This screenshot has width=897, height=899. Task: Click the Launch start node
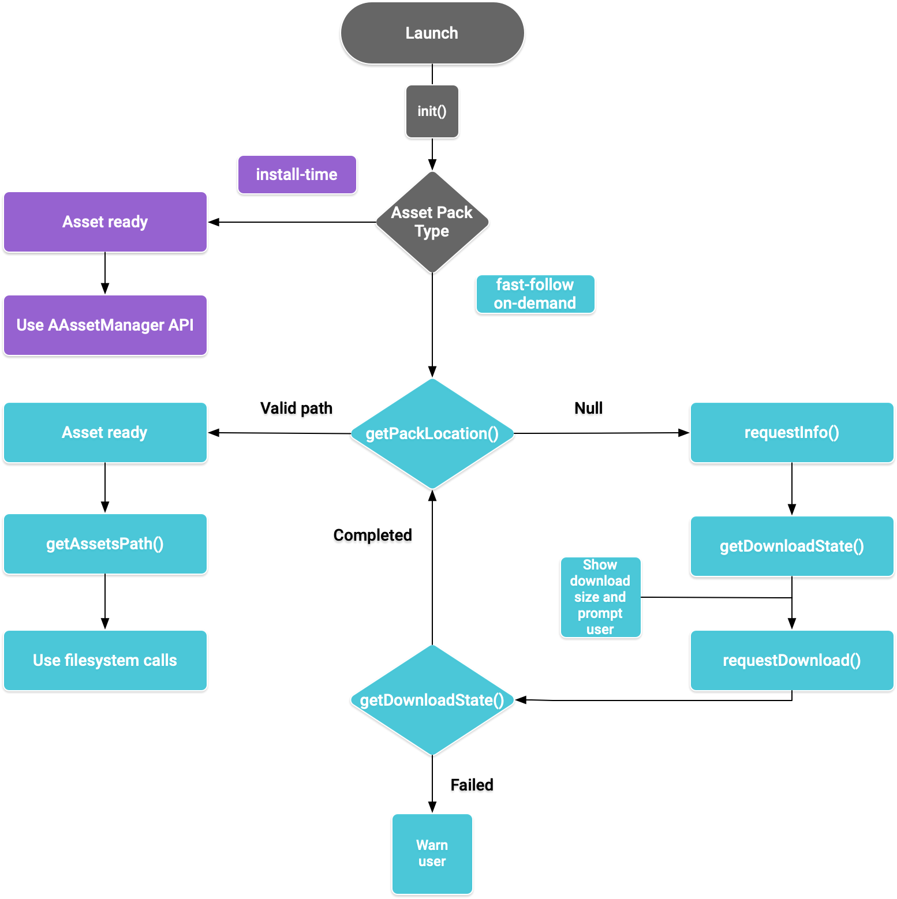[432, 33]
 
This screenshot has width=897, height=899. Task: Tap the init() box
[432, 111]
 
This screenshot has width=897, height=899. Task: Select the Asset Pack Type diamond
[432, 222]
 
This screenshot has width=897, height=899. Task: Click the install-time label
[297, 174]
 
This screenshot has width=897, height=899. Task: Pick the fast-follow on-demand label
[535, 294]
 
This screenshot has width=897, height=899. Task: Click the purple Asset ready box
[105, 222]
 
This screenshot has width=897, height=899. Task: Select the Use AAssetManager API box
[105, 325]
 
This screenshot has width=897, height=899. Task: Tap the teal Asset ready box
[105, 432]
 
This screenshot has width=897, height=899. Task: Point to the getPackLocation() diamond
[432, 433]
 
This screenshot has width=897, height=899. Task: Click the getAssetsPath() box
[105, 544]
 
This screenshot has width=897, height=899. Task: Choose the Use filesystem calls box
[105, 660]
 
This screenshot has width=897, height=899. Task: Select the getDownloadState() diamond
[432, 700]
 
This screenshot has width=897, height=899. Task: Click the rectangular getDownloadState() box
[791, 546]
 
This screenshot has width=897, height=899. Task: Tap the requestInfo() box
[791, 432]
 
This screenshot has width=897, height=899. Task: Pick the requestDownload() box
[791, 660]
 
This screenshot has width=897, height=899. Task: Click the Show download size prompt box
[600, 597]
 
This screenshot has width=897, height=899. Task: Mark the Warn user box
[432, 853]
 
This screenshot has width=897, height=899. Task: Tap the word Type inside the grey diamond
[432, 231]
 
